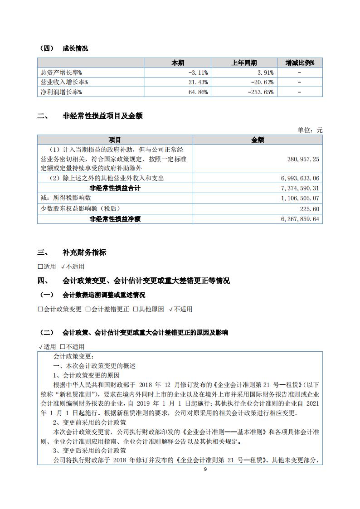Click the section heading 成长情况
click(75, 48)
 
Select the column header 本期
click(178, 63)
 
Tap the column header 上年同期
click(244, 63)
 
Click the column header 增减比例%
click(299, 63)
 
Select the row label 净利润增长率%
click(61, 92)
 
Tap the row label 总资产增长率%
click(61, 73)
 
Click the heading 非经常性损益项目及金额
click(102, 116)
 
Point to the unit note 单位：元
click(310, 130)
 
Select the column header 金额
click(258, 140)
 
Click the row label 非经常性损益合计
click(115, 188)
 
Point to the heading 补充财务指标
click(84, 252)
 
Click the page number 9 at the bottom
click(205, 469)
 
